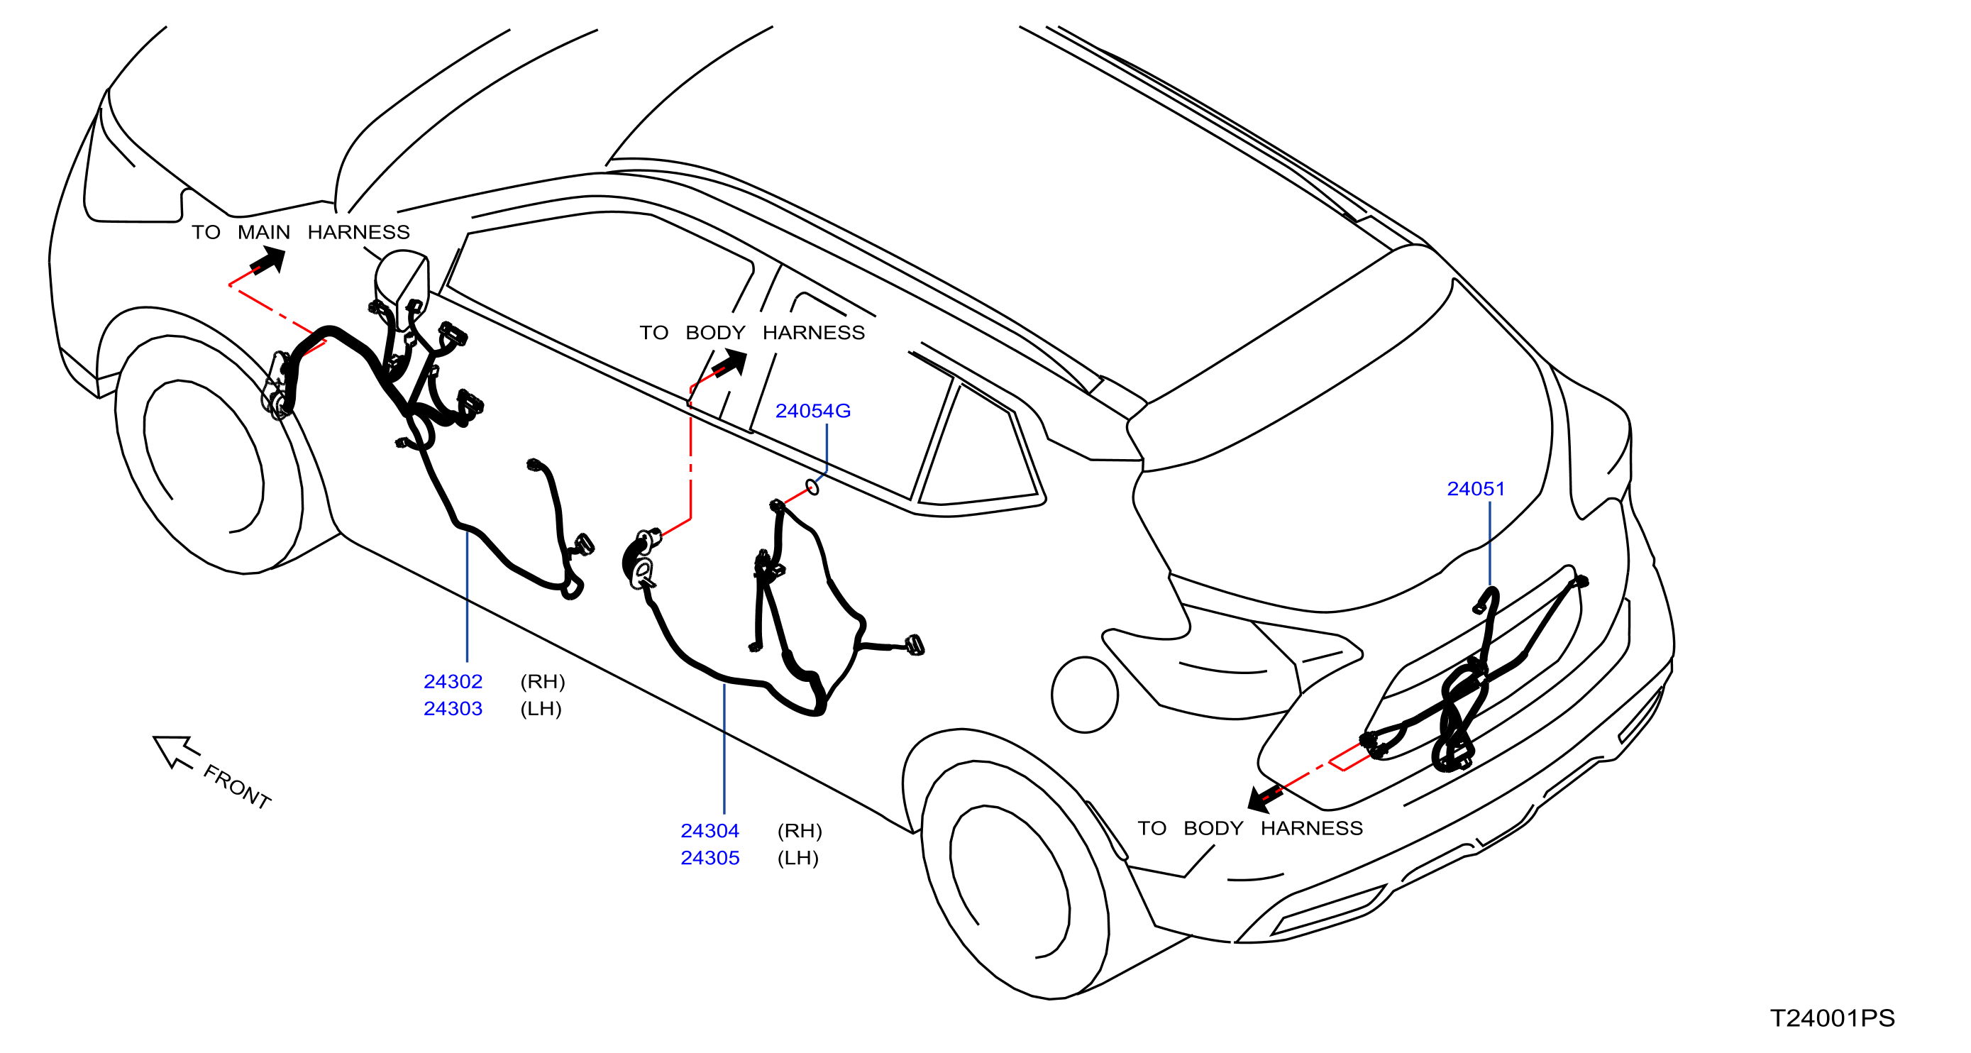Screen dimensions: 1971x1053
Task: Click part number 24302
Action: [x=453, y=681]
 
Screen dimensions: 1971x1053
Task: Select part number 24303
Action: [x=453, y=709]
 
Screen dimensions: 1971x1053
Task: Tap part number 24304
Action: [x=710, y=830]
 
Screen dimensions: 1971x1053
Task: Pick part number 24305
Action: [x=710, y=858]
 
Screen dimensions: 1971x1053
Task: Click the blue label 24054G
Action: [x=812, y=411]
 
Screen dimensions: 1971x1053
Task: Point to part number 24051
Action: [x=1475, y=488]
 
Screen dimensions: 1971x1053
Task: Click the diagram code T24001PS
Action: [x=1833, y=1018]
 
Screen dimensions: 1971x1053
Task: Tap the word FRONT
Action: [x=237, y=787]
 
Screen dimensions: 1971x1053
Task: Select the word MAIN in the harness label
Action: [x=264, y=232]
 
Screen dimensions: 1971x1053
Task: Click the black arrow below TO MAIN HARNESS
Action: [x=267, y=261]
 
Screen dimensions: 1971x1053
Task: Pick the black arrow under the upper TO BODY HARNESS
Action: [x=729, y=363]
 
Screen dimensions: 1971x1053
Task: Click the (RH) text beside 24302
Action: [x=543, y=681]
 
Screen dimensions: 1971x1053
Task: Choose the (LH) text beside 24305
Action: [x=798, y=858]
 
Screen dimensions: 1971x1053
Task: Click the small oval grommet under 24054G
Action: [x=812, y=487]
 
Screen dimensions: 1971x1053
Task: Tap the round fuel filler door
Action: [x=1085, y=695]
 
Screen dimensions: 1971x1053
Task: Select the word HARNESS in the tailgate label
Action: [x=1311, y=828]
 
